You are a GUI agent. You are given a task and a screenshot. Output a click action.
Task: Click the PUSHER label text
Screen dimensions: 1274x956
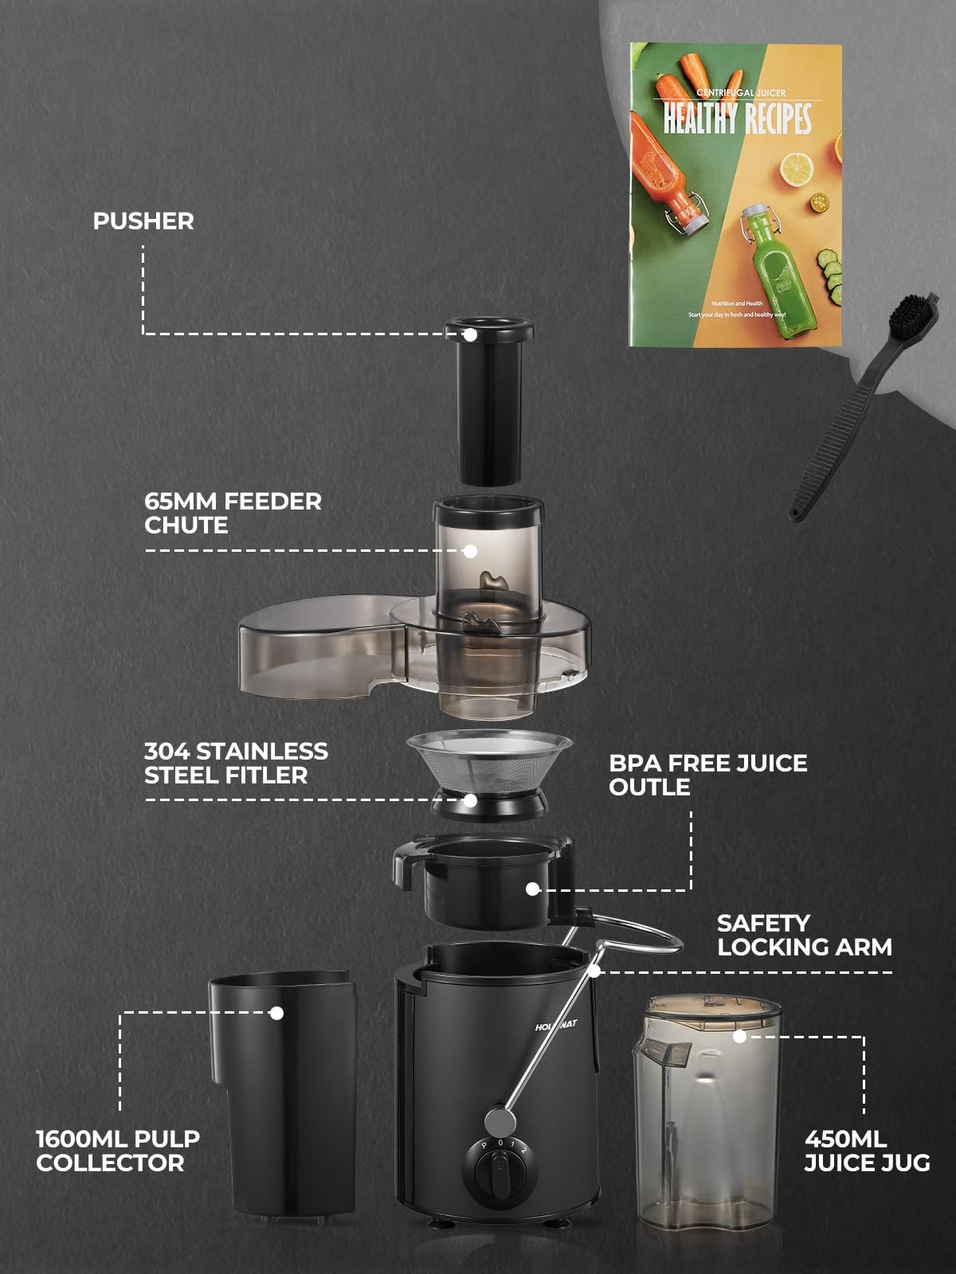pos(143,221)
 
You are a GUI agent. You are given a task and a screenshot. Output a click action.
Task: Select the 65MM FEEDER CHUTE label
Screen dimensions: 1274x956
pos(233,513)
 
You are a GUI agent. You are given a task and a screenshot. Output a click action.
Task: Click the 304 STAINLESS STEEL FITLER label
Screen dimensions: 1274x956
pos(236,763)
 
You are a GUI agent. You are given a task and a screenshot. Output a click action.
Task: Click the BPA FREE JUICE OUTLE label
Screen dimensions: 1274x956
pos(707,774)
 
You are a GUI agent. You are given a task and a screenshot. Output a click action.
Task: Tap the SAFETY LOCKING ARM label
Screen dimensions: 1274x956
pos(803,935)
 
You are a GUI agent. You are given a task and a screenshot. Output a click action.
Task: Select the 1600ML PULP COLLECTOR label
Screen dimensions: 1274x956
pos(118,1150)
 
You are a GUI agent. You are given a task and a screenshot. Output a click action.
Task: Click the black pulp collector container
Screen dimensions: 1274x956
pos(283,1099)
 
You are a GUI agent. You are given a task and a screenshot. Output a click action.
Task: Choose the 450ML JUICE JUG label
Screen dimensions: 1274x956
pos(867,1151)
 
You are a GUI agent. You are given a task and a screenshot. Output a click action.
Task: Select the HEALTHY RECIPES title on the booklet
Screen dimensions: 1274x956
pos(738,118)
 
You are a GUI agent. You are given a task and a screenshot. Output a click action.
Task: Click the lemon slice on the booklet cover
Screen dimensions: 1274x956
pos(796,169)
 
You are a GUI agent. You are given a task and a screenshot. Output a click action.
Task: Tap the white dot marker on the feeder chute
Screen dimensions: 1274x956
pos(470,551)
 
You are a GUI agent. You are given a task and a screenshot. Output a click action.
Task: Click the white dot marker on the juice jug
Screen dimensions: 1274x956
pos(739,1036)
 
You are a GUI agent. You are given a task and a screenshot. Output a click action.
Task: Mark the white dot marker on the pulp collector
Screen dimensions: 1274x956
pos(276,1013)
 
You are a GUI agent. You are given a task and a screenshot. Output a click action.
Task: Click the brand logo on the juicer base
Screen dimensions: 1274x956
pos(556,1026)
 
